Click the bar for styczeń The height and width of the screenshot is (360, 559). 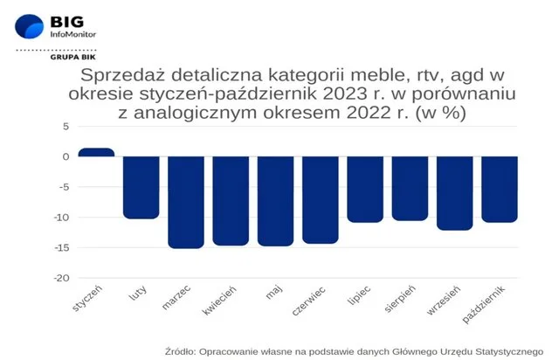[96, 152]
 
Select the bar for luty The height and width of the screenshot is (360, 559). [141, 188]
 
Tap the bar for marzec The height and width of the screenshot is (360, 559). [186, 203]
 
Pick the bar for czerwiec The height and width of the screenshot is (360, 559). [321, 200]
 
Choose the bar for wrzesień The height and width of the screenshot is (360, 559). [455, 193]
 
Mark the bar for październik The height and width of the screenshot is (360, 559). [500, 190]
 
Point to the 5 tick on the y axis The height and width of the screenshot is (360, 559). [66, 127]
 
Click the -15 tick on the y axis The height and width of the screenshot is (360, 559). [62, 247]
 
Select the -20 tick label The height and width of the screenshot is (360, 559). [62, 278]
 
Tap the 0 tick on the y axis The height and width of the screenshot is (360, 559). [66, 156]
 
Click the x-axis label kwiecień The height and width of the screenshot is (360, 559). [219, 301]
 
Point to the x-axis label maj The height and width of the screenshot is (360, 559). [273, 292]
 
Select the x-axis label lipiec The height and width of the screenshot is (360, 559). [359, 295]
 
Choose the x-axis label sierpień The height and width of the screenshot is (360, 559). [400, 299]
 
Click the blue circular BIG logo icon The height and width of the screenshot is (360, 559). [29, 26]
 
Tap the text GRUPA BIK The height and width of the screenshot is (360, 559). [73, 57]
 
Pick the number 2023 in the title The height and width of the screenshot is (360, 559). [344, 93]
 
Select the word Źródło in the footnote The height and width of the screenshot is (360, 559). [180, 351]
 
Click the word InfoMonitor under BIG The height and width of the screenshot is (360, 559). [73, 34]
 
